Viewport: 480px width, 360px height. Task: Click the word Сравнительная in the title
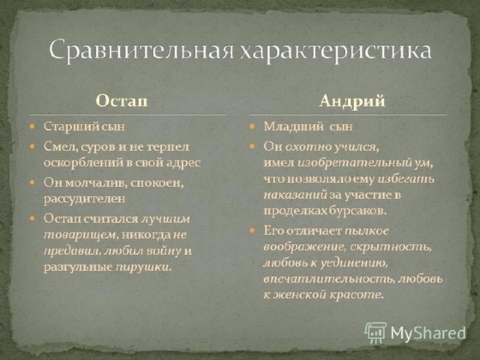[142, 50]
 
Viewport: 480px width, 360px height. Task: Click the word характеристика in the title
[335, 50]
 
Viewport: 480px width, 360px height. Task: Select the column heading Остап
[121, 100]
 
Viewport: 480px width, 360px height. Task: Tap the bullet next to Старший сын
[32, 126]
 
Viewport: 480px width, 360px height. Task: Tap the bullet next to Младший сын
[252, 126]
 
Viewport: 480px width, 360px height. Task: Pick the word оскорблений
[83, 163]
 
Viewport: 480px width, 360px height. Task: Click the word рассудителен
[85, 199]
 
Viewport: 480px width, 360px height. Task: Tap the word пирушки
[142, 267]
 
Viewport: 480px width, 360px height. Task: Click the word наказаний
[295, 195]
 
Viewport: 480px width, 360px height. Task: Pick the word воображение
[305, 247]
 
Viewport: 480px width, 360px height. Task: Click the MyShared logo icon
[375, 332]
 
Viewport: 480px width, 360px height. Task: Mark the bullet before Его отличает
[252, 230]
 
